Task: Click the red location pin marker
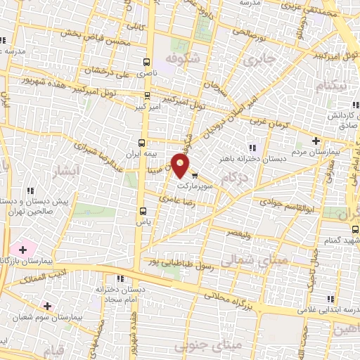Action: (x=181, y=167)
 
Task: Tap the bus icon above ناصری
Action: (x=147, y=62)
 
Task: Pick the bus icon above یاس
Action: (x=143, y=210)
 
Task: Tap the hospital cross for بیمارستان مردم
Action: (x=316, y=141)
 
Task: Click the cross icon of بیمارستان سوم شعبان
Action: (x=47, y=306)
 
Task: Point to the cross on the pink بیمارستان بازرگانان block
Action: (x=22, y=249)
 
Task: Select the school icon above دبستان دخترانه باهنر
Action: (x=251, y=148)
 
